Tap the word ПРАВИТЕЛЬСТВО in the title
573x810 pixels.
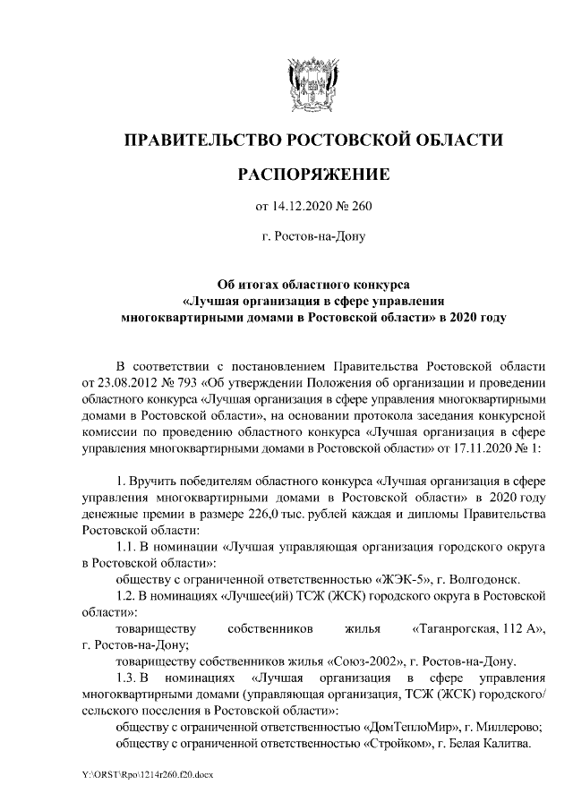tap(202, 141)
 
